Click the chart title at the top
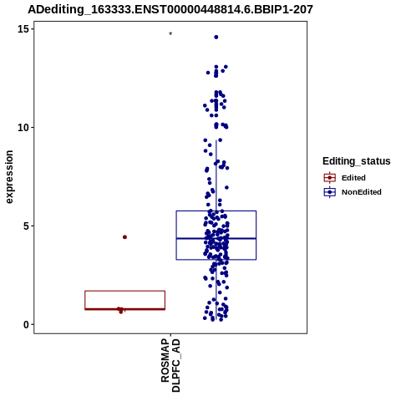(x=170, y=10)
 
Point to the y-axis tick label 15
(x=23, y=29)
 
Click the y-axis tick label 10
(x=23, y=128)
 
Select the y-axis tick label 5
(x=26, y=226)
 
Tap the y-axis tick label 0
(x=26, y=324)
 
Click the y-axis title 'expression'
(x=9, y=177)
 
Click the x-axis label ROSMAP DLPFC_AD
(x=170, y=365)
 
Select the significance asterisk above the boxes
(x=170, y=34)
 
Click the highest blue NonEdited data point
(x=216, y=37)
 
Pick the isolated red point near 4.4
(x=124, y=237)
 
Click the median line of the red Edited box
(x=125, y=309)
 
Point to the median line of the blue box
(x=216, y=238)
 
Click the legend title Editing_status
(x=357, y=161)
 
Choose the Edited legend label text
(x=353, y=178)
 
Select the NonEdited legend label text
(x=362, y=192)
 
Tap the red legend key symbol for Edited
(x=330, y=178)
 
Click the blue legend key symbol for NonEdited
(x=330, y=192)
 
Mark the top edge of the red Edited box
(x=125, y=291)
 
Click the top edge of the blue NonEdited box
(x=216, y=211)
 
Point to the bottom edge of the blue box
(x=216, y=260)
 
